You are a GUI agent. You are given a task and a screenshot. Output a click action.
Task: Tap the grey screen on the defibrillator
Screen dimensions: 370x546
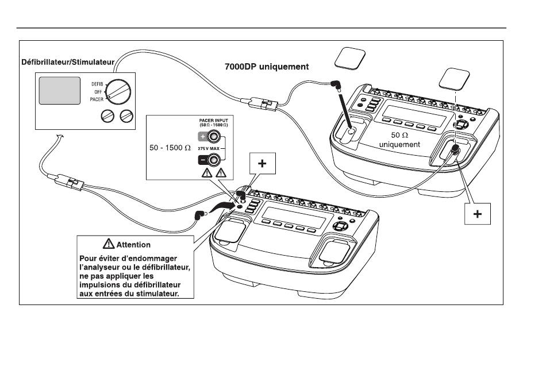tap(59, 90)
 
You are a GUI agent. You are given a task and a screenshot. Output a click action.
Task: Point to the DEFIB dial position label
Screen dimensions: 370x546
tap(96, 84)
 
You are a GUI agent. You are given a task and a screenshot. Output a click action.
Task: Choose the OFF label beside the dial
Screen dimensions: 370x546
tap(97, 91)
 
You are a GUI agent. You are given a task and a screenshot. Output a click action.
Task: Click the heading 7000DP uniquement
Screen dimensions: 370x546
tap(266, 67)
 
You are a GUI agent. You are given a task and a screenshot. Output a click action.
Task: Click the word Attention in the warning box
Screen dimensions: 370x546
tap(133, 244)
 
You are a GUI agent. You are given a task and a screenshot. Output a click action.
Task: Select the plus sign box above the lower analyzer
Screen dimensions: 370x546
tap(262, 164)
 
